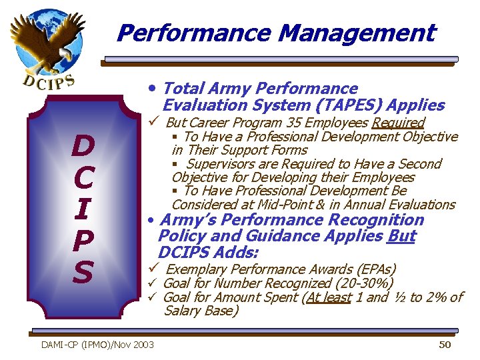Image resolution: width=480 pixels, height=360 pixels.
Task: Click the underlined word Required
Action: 398,123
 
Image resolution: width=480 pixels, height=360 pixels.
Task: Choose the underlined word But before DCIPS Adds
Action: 401,236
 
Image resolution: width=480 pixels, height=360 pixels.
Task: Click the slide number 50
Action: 445,344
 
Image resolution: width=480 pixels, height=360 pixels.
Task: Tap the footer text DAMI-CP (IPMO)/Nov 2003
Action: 97,345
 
